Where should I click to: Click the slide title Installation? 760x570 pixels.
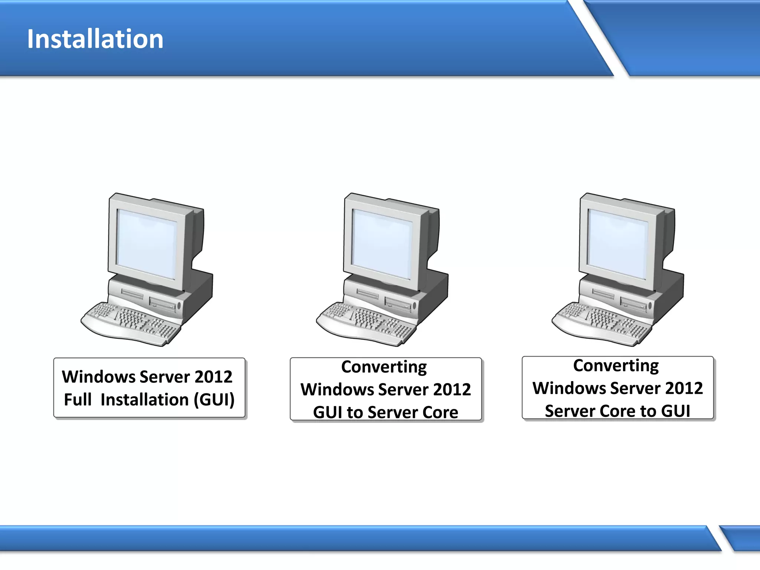click(95, 39)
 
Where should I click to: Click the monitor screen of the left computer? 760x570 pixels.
click(147, 244)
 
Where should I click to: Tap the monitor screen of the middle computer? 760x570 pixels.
click(382, 244)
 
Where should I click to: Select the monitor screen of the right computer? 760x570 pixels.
click(618, 244)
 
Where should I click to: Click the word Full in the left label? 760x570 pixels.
click(78, 400)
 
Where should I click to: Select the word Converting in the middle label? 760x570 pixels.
click(384, 367)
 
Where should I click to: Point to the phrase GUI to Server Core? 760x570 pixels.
click(385, 412)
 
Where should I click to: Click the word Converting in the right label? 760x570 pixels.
click(616, 366)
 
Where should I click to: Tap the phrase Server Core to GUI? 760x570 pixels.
click(617, 411)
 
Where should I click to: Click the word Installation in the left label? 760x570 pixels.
click(145, 400)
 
